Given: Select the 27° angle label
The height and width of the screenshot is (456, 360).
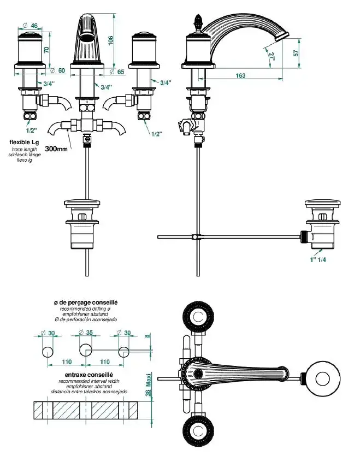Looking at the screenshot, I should [272, 55].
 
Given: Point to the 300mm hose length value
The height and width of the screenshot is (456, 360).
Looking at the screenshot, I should [57, 149].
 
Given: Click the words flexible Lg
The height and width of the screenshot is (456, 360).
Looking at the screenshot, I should [24, 143].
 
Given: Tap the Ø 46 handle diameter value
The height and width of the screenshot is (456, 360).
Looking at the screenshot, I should [31, 25].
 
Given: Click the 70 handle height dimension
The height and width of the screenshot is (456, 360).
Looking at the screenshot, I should [47, 50].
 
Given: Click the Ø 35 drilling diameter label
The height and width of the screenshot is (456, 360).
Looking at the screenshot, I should [86, 333].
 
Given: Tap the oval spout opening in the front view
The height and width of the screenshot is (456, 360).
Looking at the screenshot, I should [87, 37].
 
